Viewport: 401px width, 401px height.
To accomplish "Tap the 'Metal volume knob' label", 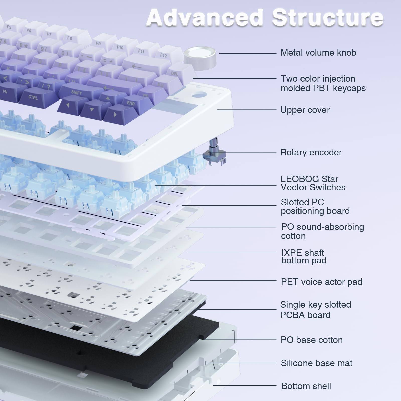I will coord(318,53).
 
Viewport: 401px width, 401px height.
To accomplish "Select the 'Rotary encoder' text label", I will coord(311,152).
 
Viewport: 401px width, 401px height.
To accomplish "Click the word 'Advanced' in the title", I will coord(204,18).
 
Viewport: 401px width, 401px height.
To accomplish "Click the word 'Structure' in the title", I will coord(328,18).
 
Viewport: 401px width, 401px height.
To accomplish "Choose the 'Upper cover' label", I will coord(305,110).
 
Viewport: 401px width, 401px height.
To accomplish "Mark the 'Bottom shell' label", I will coord(306,386).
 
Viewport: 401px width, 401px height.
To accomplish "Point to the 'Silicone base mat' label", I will coord(316,363).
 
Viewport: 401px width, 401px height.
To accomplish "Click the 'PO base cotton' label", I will coord(312,340).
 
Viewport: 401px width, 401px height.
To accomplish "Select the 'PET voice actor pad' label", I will coord(321,282).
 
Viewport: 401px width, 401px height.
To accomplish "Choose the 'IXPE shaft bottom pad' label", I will coord(303,256).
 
